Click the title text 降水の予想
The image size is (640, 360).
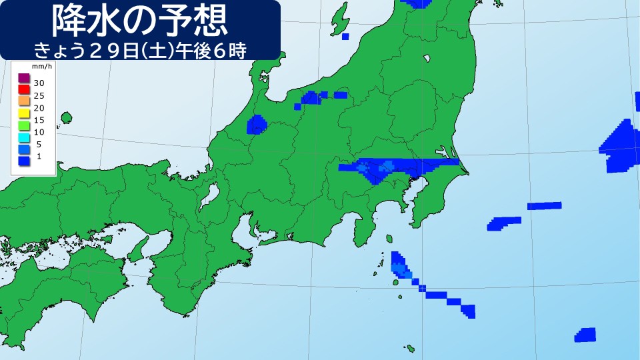[140, 21]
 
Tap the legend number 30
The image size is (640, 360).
[39, 83]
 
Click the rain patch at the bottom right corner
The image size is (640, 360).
[585, 335]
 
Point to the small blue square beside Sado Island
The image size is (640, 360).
[345, 37]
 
